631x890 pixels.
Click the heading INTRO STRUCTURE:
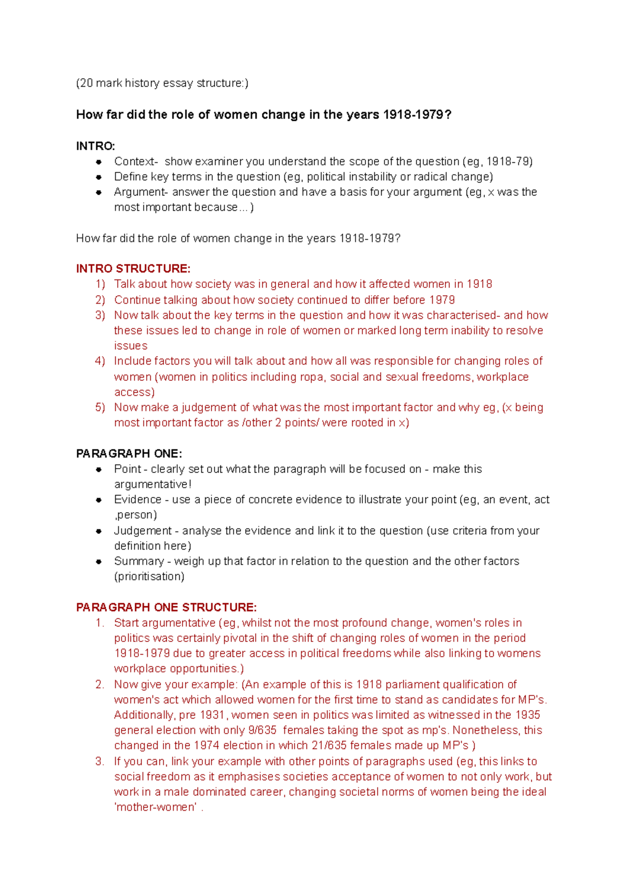[x=133, y=268]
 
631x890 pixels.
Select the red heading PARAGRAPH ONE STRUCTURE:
[x=166, y=607]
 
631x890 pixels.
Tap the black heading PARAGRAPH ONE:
[x=129, y=453]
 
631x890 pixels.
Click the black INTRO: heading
[x=95, y=146]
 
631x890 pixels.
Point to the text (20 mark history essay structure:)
[x=162, y=83]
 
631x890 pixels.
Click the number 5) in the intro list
[x=100, y=407]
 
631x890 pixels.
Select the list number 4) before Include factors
[x=100, y=361]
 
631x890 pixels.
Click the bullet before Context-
[x=98, y=162]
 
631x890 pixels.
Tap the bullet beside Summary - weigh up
[x=98, y=562]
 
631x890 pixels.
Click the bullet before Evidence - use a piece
[x=98, y=500]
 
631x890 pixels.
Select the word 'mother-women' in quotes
[x=156, y=807]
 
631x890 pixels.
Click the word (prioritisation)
[x=149, y=576]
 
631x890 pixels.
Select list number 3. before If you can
[x=100, y=761]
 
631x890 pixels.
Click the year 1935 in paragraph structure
[x=527, y=715]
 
